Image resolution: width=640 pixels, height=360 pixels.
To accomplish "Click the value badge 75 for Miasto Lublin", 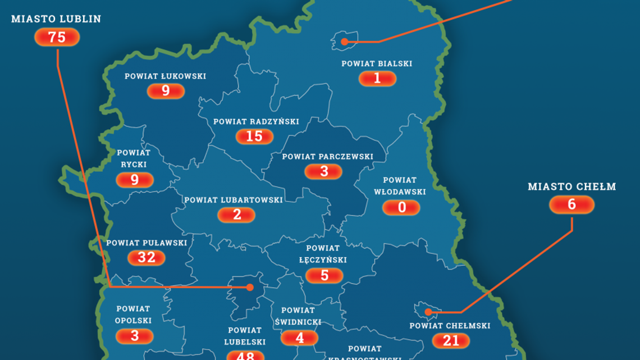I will click(57, 38).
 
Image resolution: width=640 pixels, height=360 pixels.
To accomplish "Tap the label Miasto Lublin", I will click(56, 19).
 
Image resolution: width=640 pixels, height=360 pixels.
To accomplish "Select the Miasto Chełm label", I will click(572, 186).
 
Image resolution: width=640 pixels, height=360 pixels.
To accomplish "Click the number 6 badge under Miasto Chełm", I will click(572, 204).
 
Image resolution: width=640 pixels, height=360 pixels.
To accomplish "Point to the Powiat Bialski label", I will click(377, 63).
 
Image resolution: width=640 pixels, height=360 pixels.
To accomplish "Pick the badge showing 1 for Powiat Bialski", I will click(377, 79).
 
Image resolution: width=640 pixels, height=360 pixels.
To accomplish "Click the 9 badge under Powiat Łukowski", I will click(166, 91).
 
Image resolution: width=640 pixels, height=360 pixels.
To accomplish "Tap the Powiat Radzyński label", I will click(256, 121).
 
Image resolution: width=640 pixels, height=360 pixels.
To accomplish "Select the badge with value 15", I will click(254, 136).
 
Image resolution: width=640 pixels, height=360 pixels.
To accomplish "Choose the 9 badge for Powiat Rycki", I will click(135, 180).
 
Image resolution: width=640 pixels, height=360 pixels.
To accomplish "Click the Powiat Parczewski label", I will click(327, 156).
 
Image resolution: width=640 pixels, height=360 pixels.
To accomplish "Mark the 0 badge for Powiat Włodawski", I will click(401, 208).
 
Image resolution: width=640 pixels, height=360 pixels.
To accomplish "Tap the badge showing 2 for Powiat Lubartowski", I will click(236, 215).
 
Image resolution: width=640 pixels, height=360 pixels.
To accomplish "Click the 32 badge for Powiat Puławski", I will click(147, 258).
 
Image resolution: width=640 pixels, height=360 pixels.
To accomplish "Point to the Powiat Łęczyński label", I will click(323, 254).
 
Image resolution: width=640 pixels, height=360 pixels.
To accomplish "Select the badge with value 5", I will click(324, 275).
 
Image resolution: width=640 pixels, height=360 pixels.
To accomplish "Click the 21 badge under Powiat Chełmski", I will click(451, 340).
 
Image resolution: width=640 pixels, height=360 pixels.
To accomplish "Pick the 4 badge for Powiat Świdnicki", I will click(299, 338).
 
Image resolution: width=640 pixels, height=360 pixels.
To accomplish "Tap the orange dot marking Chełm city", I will click(428, 312).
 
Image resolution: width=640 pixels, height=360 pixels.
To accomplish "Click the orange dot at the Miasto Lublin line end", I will click(249, 287).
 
